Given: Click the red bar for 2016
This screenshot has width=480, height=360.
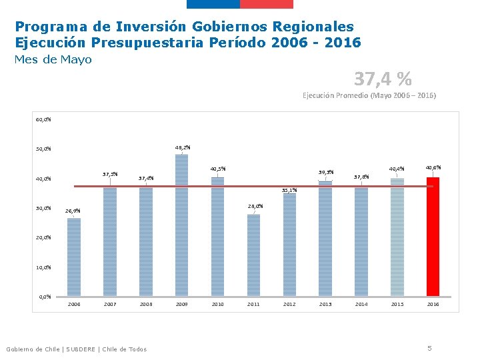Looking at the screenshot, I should coord(433,237).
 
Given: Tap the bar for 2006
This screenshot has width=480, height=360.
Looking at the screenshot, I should coord(73,257).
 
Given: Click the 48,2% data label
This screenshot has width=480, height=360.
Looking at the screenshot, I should coord(183,147).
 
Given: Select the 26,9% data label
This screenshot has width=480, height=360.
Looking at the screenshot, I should coord(73,211).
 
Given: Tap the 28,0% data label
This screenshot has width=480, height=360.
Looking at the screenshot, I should coord(255,206).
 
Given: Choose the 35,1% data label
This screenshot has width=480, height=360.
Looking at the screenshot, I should coord(289,190).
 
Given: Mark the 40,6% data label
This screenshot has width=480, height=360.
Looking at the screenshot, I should coord(433,167).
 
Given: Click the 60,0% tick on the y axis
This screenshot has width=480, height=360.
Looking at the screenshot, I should coord(43,120).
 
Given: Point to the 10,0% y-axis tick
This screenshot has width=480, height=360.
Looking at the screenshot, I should coord(43,267).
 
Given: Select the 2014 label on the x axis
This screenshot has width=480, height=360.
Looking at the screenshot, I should coord(361,304).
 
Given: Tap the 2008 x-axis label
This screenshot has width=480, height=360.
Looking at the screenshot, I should coord(145,304).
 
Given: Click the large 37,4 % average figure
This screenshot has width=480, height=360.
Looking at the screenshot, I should coord(383,79).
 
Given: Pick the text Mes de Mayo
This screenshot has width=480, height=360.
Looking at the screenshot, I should coord(53,60).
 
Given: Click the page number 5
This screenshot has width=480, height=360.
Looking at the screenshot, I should coord(430,348).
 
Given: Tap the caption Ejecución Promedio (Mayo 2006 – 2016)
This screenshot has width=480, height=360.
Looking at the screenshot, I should coord(369,96).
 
